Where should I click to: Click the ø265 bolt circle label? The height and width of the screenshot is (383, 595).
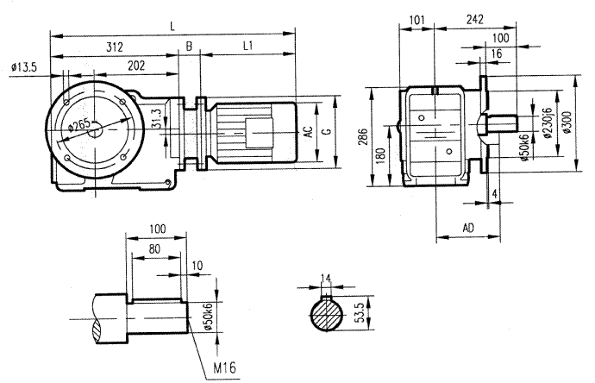[x=80, y=126]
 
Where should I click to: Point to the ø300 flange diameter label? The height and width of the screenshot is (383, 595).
[x=566, y=123]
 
